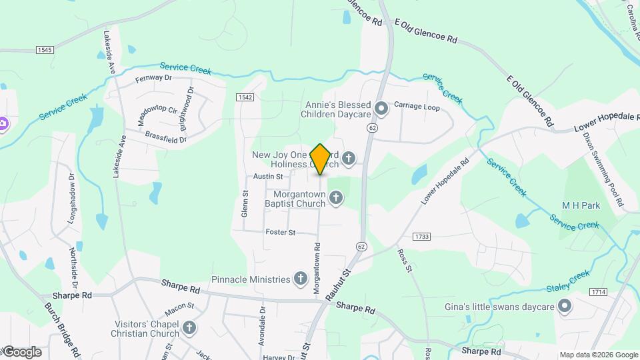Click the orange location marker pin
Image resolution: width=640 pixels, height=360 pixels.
[321, 159]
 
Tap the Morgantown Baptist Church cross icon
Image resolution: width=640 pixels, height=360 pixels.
[336, 197]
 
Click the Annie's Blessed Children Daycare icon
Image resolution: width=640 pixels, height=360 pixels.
[381, 107]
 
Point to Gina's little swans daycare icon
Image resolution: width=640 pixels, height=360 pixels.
[565, 307]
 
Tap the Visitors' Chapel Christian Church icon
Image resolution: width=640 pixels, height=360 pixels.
[189, 327]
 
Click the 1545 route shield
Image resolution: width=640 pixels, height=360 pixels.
[45, 50]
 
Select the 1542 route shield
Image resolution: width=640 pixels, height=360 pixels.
[245, 97]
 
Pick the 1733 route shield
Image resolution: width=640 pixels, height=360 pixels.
[421, 237]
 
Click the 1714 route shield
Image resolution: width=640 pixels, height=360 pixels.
[597, 292]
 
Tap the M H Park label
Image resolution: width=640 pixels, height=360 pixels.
[581, 206]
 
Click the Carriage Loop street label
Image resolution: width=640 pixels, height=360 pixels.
[417, 106]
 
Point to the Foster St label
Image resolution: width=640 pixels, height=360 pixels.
[280, 232]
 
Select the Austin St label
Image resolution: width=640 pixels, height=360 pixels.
[269, 177]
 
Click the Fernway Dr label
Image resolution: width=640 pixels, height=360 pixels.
[153, 78]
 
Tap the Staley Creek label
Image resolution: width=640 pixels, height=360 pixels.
[567, 283]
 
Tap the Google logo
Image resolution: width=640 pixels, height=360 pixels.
[21, 351]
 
